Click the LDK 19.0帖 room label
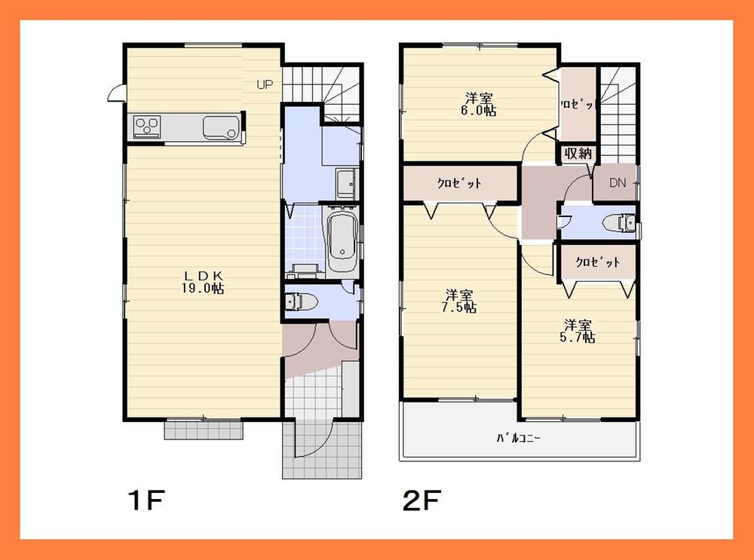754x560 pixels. (201, 281)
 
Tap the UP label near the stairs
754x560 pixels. (264, 84)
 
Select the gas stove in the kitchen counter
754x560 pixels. (147, 125)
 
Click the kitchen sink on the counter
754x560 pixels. (222, 128)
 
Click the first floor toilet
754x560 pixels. (302, 301)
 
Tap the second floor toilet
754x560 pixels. (623, 223)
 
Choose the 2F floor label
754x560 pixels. (416, 500)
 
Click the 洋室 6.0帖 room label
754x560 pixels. (480, 103)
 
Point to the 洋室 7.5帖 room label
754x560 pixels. (460, 300)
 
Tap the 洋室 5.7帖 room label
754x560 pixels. (580, 331)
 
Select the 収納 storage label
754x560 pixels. (578, 153)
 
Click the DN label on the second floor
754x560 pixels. (617, 182)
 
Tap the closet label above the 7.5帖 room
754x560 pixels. (459, 183)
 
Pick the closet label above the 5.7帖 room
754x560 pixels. (597, 262)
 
